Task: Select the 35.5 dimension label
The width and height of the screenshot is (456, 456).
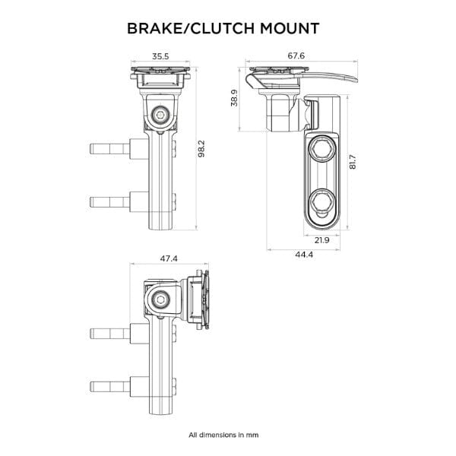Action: coord(160,56)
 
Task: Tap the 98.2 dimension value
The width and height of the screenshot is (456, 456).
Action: coord(202,148)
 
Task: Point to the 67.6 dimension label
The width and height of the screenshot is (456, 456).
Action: coord(296,56)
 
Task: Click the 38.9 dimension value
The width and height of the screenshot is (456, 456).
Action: coord(235,98)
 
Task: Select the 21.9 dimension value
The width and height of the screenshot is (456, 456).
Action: coord(321,240)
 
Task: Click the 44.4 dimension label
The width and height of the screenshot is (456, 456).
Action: coord(304,254)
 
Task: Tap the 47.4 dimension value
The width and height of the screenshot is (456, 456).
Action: coord(169,258)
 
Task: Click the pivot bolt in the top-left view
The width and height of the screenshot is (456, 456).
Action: coord(160,115)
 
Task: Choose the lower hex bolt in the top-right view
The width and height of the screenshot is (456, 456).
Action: coord(321,201)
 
